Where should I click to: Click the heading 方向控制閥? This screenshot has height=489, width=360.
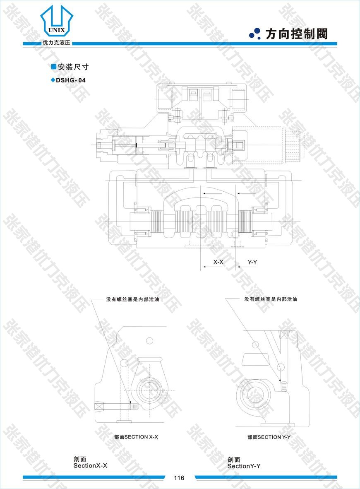[296, 34]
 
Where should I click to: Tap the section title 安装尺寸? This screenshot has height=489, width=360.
[73, 67]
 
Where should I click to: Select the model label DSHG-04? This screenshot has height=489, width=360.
[70, 80]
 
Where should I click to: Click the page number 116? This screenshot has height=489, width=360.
[179, 478]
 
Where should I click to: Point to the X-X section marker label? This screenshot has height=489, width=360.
[218, 262]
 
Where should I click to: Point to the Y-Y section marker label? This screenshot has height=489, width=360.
[252, 262]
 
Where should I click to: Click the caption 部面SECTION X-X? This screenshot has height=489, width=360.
[136, 437]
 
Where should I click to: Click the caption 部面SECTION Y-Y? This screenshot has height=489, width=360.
[269, 437]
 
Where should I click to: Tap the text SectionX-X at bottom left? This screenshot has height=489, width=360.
[90, 466]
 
